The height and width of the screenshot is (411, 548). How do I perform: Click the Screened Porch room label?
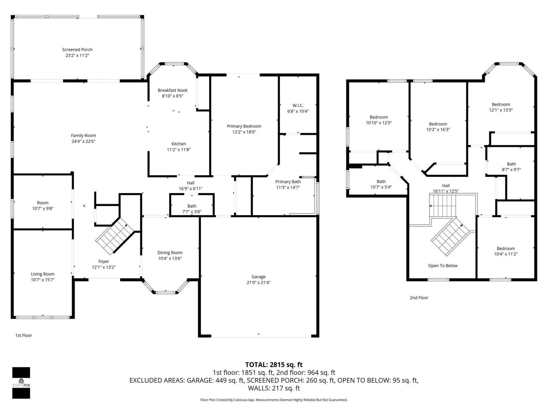[77, 50]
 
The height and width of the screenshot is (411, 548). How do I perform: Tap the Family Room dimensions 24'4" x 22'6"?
[83, 141]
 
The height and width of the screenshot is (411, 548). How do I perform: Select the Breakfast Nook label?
[173, 90]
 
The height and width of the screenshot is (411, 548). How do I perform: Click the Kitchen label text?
[179, 144]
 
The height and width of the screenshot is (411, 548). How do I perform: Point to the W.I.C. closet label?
[298, 106]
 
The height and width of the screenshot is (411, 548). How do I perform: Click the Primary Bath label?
[288, 182]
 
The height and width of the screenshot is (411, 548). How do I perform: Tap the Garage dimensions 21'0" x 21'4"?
[259, 283]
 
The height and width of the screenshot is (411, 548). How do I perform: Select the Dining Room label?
[170, 253]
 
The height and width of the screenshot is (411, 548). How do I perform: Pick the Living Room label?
[43, 274]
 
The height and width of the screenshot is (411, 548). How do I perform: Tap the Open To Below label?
[443, 266]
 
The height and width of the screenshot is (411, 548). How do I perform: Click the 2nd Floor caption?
[419, 298]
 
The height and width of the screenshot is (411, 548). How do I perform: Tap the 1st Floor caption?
[24, 335]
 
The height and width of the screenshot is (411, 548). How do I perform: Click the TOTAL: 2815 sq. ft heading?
[274, 365]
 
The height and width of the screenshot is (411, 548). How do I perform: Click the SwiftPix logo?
[21, 383]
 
